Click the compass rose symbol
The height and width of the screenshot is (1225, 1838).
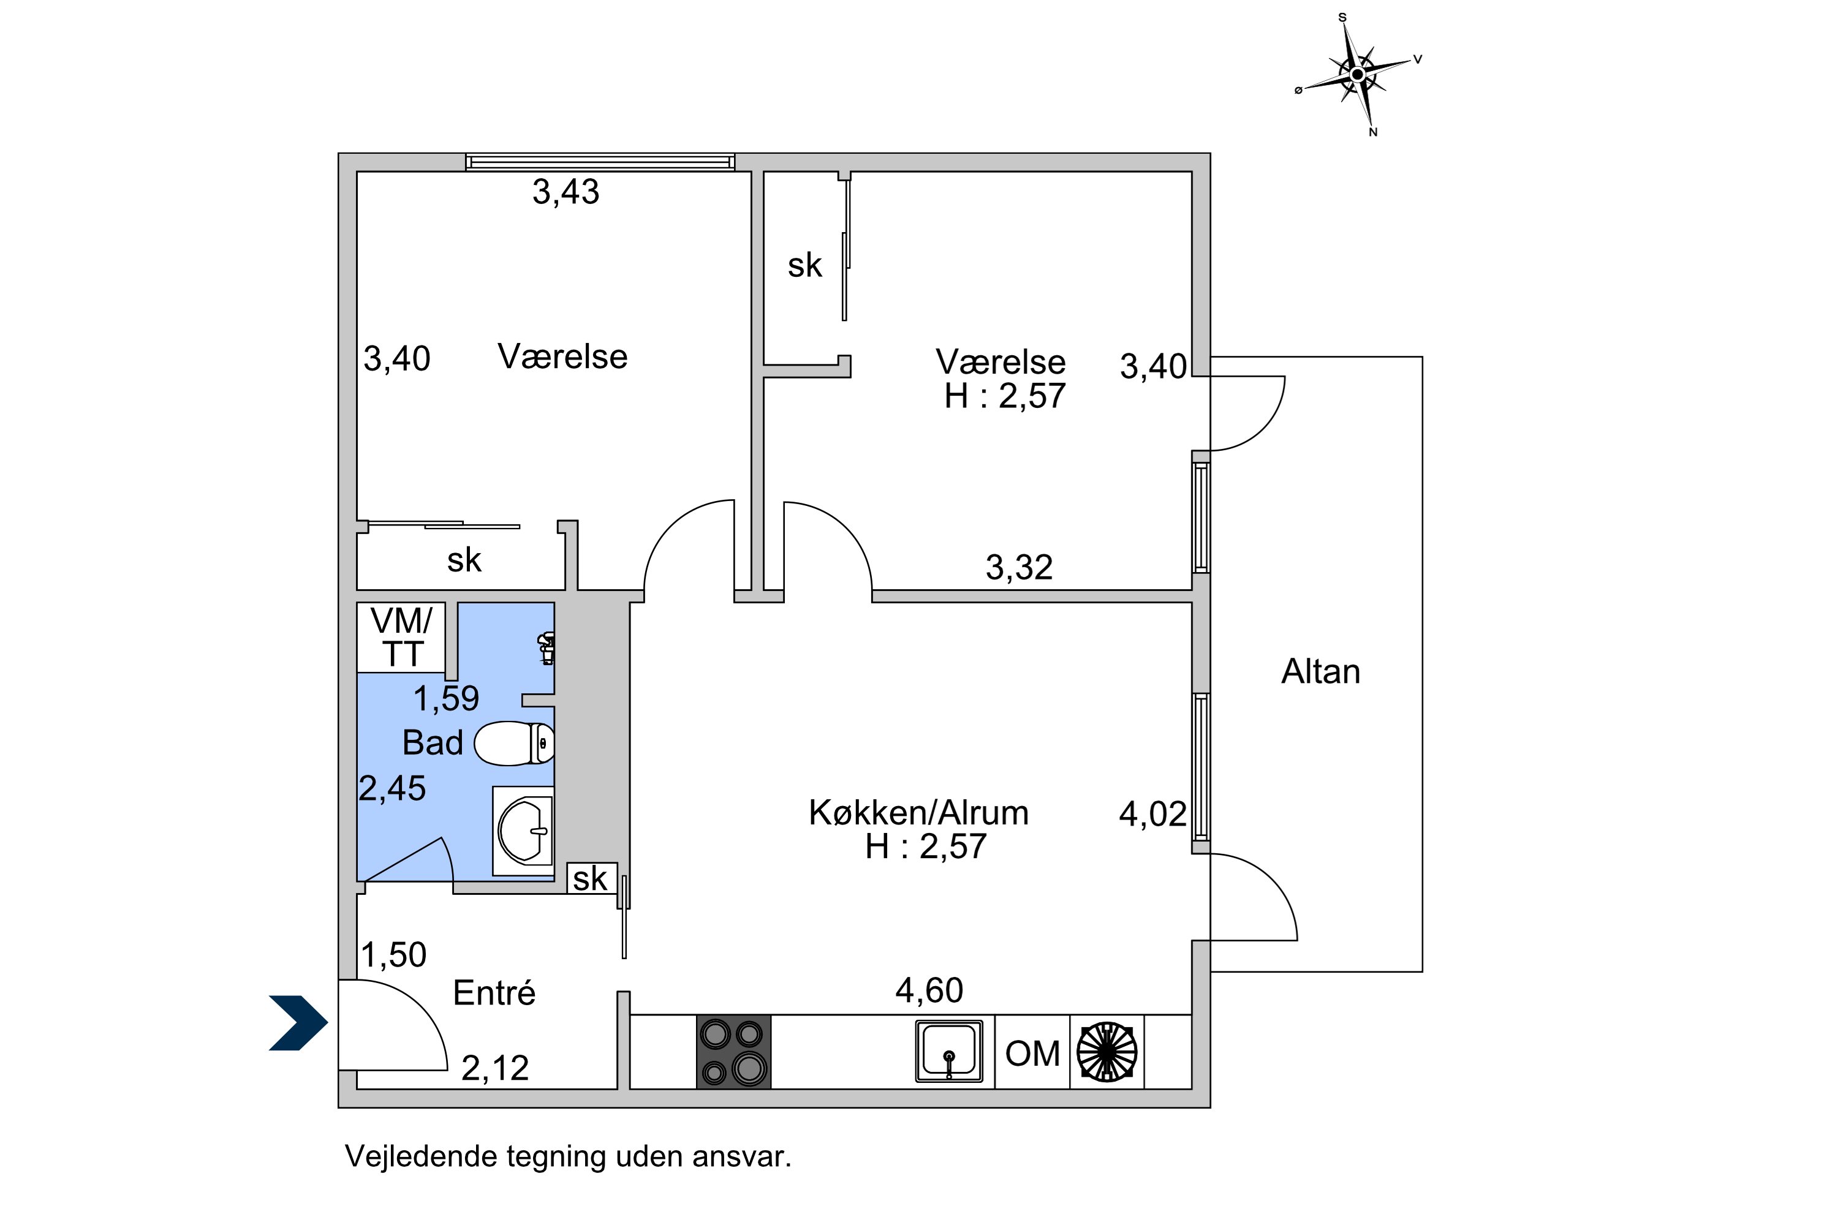click(x=1358, y=75)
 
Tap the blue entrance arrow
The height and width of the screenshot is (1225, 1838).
click(x=298, y=1023)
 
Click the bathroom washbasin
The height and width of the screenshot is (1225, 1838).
click(x=524, y=831)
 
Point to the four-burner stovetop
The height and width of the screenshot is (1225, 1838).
click(x=734, y=1052)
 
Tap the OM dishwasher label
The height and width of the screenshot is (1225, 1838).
click(x=1032, y=1054)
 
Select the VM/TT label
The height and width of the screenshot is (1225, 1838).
click(x=402, y=638)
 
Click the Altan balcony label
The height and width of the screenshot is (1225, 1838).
click(x=1321, y=672)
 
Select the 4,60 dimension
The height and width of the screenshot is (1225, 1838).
click(x=929, y=990)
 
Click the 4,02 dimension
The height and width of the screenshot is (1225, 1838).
click(x=1152, y=815)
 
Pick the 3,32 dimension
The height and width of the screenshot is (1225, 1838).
click(x=1019, y=568)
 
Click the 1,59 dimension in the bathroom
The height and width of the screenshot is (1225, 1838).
click(x=445, y=698)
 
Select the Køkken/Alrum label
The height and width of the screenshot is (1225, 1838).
click(x=918, y=813)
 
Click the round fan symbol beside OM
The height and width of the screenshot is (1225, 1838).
click(x=1106, y=1052)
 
